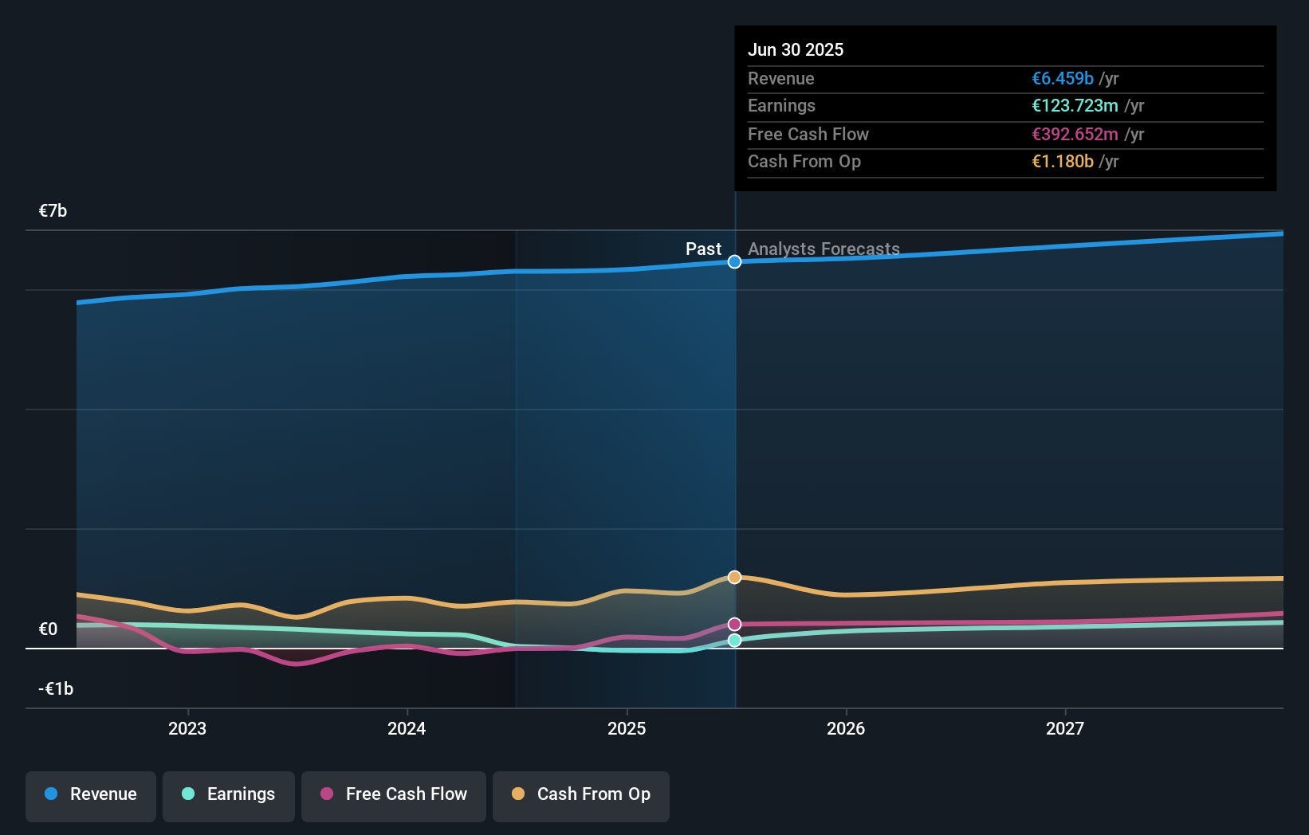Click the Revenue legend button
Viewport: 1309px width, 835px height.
(x=91, y=795)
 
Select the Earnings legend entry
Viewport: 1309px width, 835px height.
(x=229, y=795)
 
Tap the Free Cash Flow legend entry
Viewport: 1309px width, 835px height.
(x=394, y=795)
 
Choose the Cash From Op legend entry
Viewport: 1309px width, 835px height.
(x=581, y=795)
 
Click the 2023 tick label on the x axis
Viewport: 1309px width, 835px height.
(x=187, y=729)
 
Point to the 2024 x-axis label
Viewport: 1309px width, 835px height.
(x=407, y=729)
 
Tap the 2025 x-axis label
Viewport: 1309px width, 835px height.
(x=627, y=729)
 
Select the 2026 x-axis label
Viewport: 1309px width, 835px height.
(x=846, y=729)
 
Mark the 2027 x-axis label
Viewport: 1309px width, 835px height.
(x=1065, y=729)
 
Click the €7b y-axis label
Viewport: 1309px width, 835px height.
(x=53, y=211)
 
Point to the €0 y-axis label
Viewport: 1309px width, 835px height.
(x=49, y=629)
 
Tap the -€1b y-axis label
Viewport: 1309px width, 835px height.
(x=56, y=689)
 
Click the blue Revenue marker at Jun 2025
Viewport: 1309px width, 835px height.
(x=734, y=262)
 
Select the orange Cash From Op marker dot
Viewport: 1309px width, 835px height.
(x=734, y=577)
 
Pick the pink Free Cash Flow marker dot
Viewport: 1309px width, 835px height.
(x=734, y=624)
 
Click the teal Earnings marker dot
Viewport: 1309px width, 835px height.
(x=734, y=641)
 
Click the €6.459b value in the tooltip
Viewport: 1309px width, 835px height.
(x=1062, y=79)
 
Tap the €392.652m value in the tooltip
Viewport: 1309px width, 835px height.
(x=1075, y=135)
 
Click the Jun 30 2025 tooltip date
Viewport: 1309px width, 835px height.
(x=795, y=50)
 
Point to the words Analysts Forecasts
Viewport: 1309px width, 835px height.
(x=824, y=249)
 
